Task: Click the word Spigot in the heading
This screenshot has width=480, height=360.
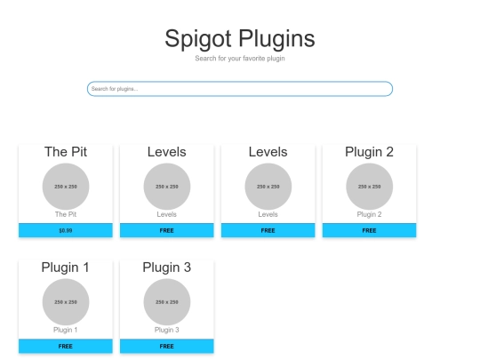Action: [x=198, y=39]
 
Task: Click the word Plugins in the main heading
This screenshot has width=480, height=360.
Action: [x=276, y=39]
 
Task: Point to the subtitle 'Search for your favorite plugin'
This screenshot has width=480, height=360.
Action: [x=240, y=58]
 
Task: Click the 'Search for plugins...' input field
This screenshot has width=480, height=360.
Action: [x=240, y=89]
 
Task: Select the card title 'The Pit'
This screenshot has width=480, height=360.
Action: [x=66, y=152]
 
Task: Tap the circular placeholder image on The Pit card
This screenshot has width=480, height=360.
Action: [x=66, y=187]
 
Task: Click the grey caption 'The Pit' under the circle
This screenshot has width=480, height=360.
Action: [x=66, y=214]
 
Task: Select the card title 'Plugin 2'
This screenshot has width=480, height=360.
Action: [x=369, y=152]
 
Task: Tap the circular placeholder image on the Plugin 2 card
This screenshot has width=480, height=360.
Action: [x=369, y=187]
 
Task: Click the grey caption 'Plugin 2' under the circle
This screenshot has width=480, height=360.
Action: [x=369, y=214]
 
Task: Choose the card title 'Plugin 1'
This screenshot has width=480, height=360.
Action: [x=66, y=268]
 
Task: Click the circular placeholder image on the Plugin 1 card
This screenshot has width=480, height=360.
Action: [x=66, y=302]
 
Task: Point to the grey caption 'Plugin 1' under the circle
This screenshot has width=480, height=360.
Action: [x=66, y=330]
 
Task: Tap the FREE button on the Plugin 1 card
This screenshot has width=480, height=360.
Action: [x=66, y=347]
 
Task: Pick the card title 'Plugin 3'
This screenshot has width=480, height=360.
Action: [x=167, y=268]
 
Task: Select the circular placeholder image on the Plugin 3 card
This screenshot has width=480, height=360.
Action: [x=167, y=302]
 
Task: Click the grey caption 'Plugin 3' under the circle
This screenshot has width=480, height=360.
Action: [x=167, y=330]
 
